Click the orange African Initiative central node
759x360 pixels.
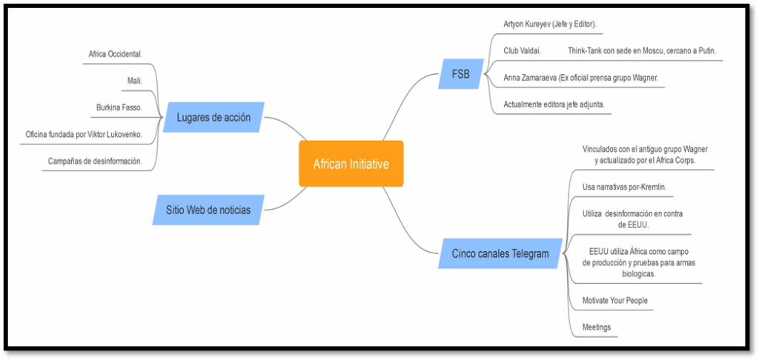click(x=351, y=164)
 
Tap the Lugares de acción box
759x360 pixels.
click(x=213, y=117)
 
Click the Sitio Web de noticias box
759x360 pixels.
click(x=208, y=210)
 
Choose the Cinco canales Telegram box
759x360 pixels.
click(x=500, y=254)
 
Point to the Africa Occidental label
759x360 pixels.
click(x=115, y=54)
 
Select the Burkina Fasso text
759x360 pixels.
click(x=119, y=107)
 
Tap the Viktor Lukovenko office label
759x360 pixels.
click(x=83, y=134)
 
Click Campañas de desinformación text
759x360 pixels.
click(x=95, y=161)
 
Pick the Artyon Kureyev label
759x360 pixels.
click(x=549, y=24)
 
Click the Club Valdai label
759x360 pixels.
click(x=522, y=50)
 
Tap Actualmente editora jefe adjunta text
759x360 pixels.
click(x=554, y=104)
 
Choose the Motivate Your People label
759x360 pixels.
click(x=615, y=300)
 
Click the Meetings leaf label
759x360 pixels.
click(x=597, y=327)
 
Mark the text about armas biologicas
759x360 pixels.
click(x=638, y=262)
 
